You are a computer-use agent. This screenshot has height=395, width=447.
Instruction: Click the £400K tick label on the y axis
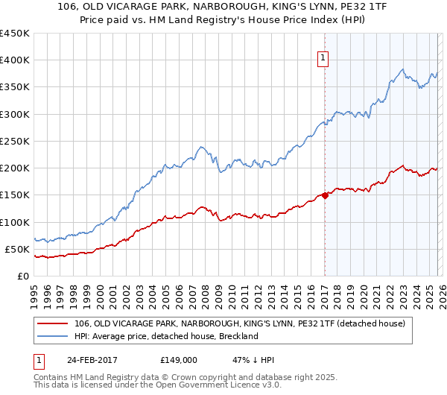pyautogui.click(x=15, y=60)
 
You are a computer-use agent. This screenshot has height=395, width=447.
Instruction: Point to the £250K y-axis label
pyautogui.click(x=15, y=141)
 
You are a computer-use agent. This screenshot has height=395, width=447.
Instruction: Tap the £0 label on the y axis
pyautogui.click(x=22, y=276)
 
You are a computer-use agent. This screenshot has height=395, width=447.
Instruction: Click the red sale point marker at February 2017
pyautogui.click(x=325, y=195)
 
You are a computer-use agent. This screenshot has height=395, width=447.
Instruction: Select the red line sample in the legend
pyautogui.click(x=52, y=323)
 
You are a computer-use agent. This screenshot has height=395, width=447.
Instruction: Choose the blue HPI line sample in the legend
pyautogui.click(x=52, y=336)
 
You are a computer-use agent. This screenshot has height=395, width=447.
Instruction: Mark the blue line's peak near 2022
pyautogui.click(x=402, y=70)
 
